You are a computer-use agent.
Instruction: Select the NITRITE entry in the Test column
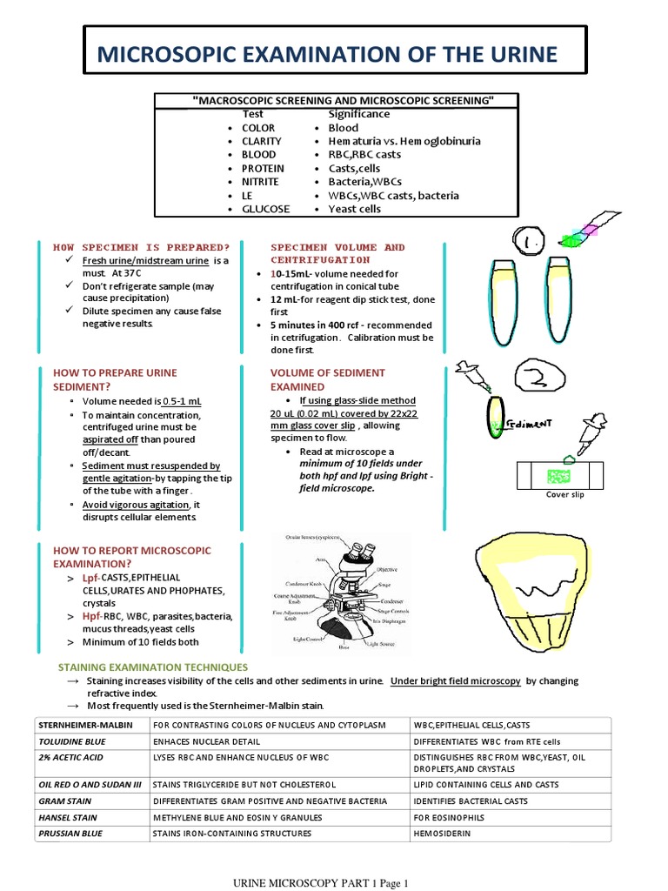260,182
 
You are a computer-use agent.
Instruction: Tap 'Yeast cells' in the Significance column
354,209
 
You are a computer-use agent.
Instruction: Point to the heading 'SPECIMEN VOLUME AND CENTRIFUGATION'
337,253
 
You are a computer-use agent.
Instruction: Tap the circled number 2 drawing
540,377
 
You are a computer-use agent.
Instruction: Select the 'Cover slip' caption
564,494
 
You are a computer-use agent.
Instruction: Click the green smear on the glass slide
557,475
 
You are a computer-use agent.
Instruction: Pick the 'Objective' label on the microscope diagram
411,568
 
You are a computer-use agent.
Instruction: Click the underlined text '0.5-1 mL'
183,401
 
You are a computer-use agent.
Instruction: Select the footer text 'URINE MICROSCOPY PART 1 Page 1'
319,883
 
